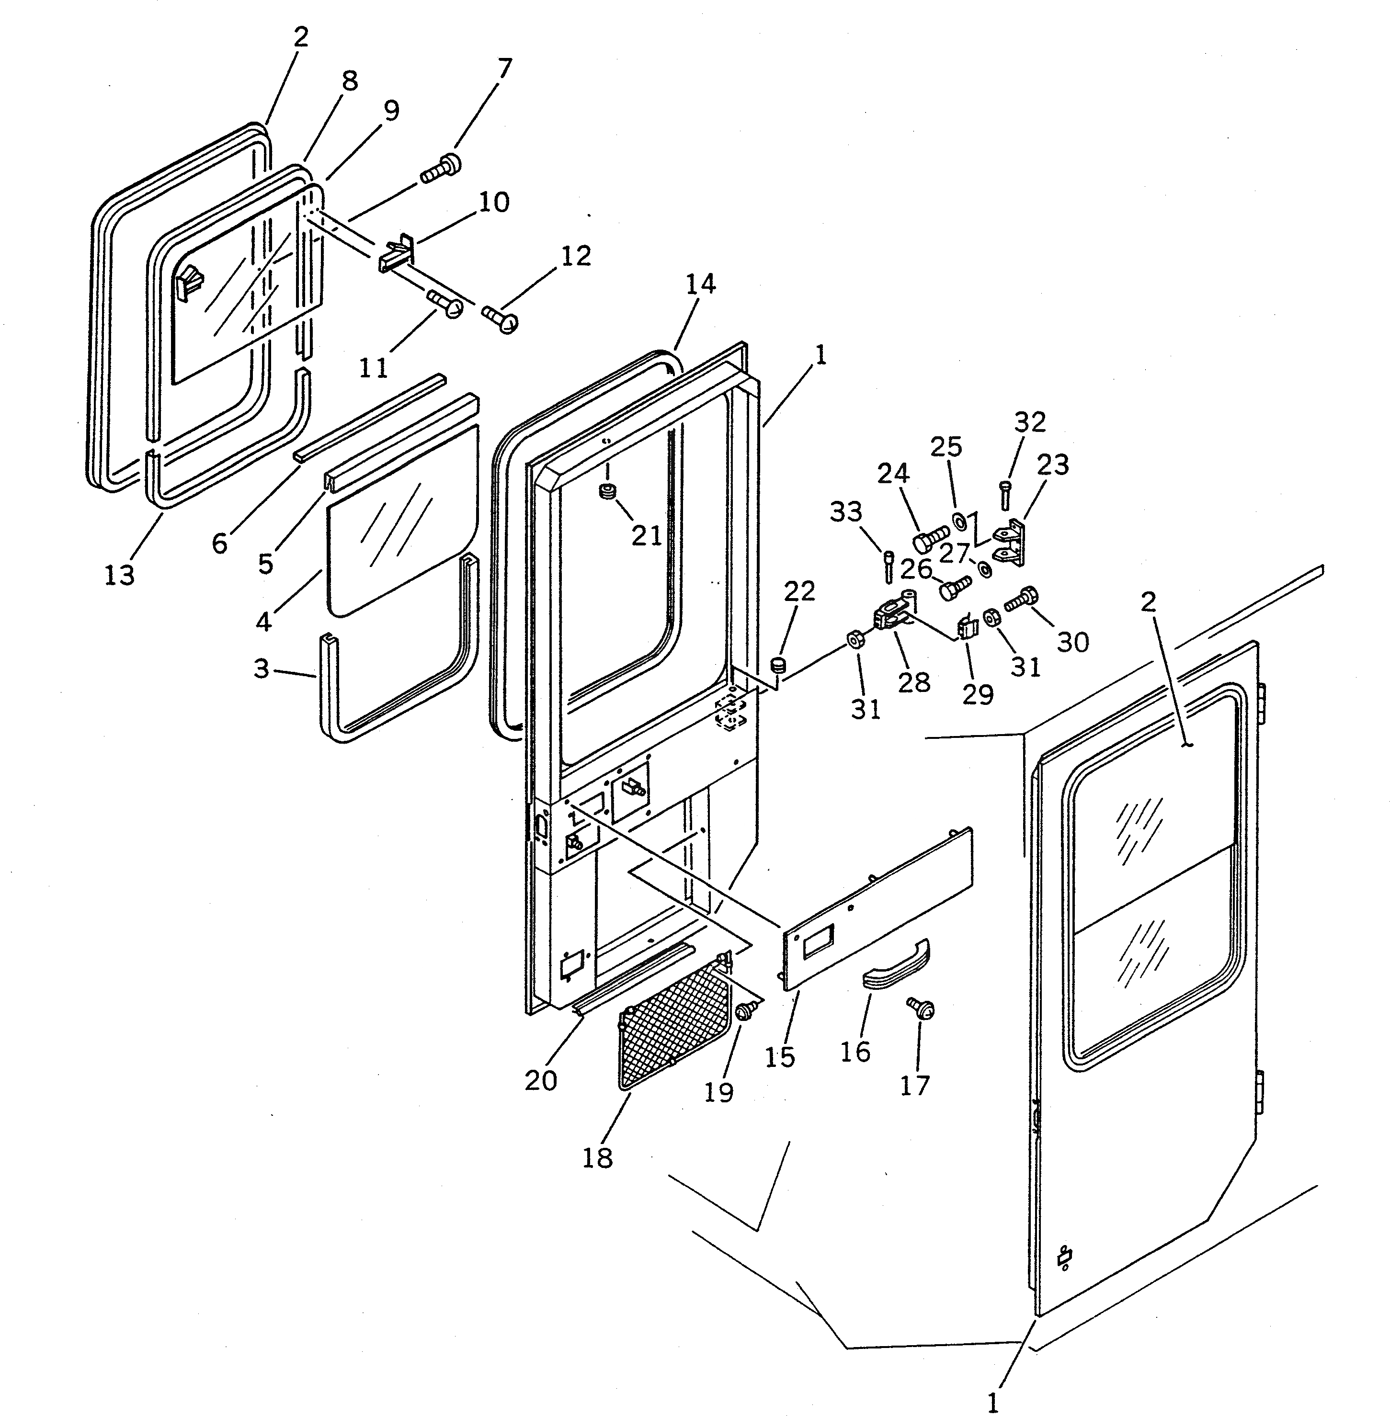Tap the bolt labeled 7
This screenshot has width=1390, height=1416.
[x=441, y=170]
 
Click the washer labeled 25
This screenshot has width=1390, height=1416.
[x=960, y=522]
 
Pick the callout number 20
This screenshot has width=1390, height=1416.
[x=540, y=1080]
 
